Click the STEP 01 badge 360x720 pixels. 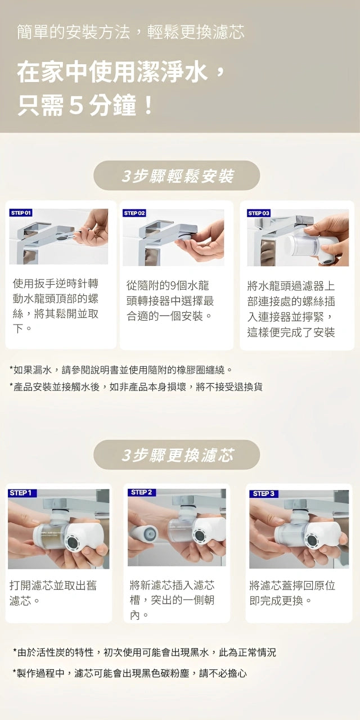tap(21, 213)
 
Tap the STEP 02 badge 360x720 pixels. tap(134, 213)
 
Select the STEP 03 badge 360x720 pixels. tap(259, 213)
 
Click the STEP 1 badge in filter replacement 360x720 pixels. tap(20, 493)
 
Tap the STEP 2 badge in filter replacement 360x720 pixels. tap(141, 492)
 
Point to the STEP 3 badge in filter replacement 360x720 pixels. tap(263, 493)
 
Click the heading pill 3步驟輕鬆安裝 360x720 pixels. tap(177, 175)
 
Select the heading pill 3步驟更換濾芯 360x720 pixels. tap(177, 454)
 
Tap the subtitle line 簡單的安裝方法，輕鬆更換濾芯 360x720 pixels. tap(130, 32)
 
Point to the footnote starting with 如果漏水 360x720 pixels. tap(121, 370)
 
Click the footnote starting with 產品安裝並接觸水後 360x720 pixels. tap(136, 386)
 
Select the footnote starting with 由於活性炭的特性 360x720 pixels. tap(144, 652)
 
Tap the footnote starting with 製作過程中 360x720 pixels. tap(129, 673)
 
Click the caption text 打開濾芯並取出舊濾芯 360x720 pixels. tap(53, 593)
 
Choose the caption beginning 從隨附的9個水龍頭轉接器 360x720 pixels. tap(170, 300)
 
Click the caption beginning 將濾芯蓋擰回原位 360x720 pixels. tap(292, 593)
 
